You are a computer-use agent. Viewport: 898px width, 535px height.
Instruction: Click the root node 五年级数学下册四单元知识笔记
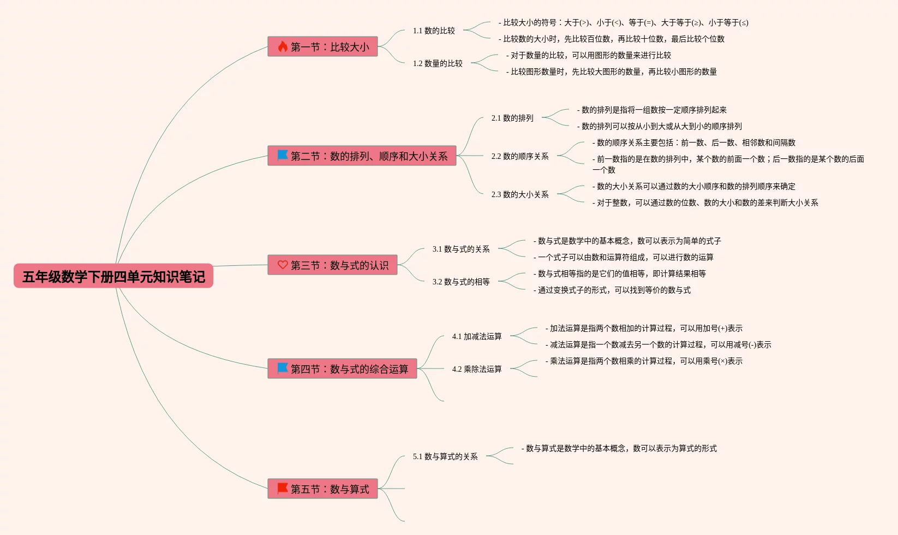(113, 276)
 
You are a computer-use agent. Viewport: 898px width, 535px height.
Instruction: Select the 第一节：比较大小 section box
(322, 47)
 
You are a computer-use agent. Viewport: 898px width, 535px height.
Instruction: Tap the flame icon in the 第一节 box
(283, 46)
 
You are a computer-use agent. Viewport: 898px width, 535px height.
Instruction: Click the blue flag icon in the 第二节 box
(283, 156)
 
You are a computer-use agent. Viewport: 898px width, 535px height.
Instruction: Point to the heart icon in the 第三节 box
(283, 265)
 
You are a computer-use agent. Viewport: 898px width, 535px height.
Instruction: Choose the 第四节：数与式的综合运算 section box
(342, 369)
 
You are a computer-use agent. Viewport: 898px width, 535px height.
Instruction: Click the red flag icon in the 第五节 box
(283, 489)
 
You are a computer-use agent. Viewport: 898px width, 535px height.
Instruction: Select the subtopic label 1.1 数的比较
(434, 31)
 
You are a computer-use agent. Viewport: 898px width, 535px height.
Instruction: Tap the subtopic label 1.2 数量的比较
(438, 63)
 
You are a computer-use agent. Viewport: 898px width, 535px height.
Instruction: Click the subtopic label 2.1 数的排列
(512, 118)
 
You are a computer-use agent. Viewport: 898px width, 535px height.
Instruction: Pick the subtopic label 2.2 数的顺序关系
(520, 156)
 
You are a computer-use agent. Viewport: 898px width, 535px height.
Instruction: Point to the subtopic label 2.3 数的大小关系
(520, 194)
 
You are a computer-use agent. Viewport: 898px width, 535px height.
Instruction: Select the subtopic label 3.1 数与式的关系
(461, 249)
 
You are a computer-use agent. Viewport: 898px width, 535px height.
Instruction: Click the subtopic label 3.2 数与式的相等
(461, 282)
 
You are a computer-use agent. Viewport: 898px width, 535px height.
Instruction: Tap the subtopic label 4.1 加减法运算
(477, 336)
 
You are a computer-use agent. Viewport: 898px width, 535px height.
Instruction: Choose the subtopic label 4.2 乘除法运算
(477, 369)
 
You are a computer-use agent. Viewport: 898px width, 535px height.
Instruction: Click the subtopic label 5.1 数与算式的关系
(445, 456)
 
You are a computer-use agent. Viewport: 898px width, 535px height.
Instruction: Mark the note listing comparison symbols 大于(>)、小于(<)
(624, 22)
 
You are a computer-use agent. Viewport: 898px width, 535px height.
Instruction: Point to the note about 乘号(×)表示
(644, 361)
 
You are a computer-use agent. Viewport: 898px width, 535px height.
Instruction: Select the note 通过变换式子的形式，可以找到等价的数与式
(612, 290)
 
